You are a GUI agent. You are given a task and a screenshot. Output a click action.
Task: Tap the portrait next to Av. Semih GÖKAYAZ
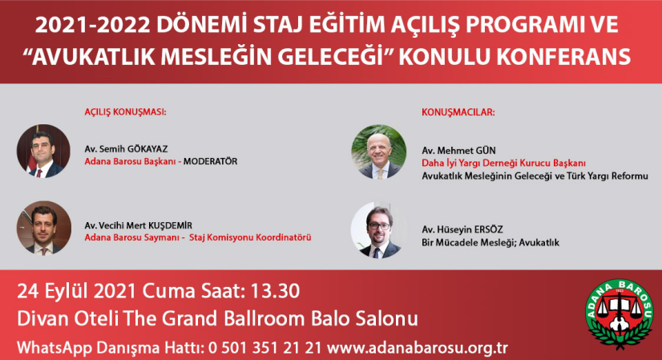click(43, 151)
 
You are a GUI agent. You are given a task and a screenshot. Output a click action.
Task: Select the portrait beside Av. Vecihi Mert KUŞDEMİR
click(44, 229)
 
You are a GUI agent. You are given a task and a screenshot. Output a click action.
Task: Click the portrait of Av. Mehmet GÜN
click(379, 152)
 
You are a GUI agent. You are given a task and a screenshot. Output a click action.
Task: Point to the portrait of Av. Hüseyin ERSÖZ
click(378, 231)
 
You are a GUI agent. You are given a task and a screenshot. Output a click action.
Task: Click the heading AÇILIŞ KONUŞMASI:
click(125, 112)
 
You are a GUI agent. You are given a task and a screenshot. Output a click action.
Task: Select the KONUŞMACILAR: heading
click(458, 112)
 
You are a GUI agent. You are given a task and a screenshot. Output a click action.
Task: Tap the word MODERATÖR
click(210, 161)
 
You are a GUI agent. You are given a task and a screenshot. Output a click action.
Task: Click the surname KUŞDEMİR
click(170, 225)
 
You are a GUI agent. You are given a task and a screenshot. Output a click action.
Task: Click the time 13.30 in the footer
click(275, 291)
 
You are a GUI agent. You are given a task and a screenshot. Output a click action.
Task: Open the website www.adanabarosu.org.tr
click(417, 348)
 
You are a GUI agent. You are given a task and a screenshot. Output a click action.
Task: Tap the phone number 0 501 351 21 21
click(264, 348)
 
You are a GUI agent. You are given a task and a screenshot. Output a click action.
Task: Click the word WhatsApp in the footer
click(54, 348)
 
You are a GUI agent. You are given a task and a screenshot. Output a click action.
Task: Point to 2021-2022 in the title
click(92, 26)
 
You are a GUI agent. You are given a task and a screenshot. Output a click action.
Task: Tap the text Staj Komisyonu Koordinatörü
click(250, 237)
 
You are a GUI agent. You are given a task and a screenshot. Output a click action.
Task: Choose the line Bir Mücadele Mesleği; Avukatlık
click(490, 242)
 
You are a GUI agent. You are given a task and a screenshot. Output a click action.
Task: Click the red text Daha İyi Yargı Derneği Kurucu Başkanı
click(503, 163)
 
